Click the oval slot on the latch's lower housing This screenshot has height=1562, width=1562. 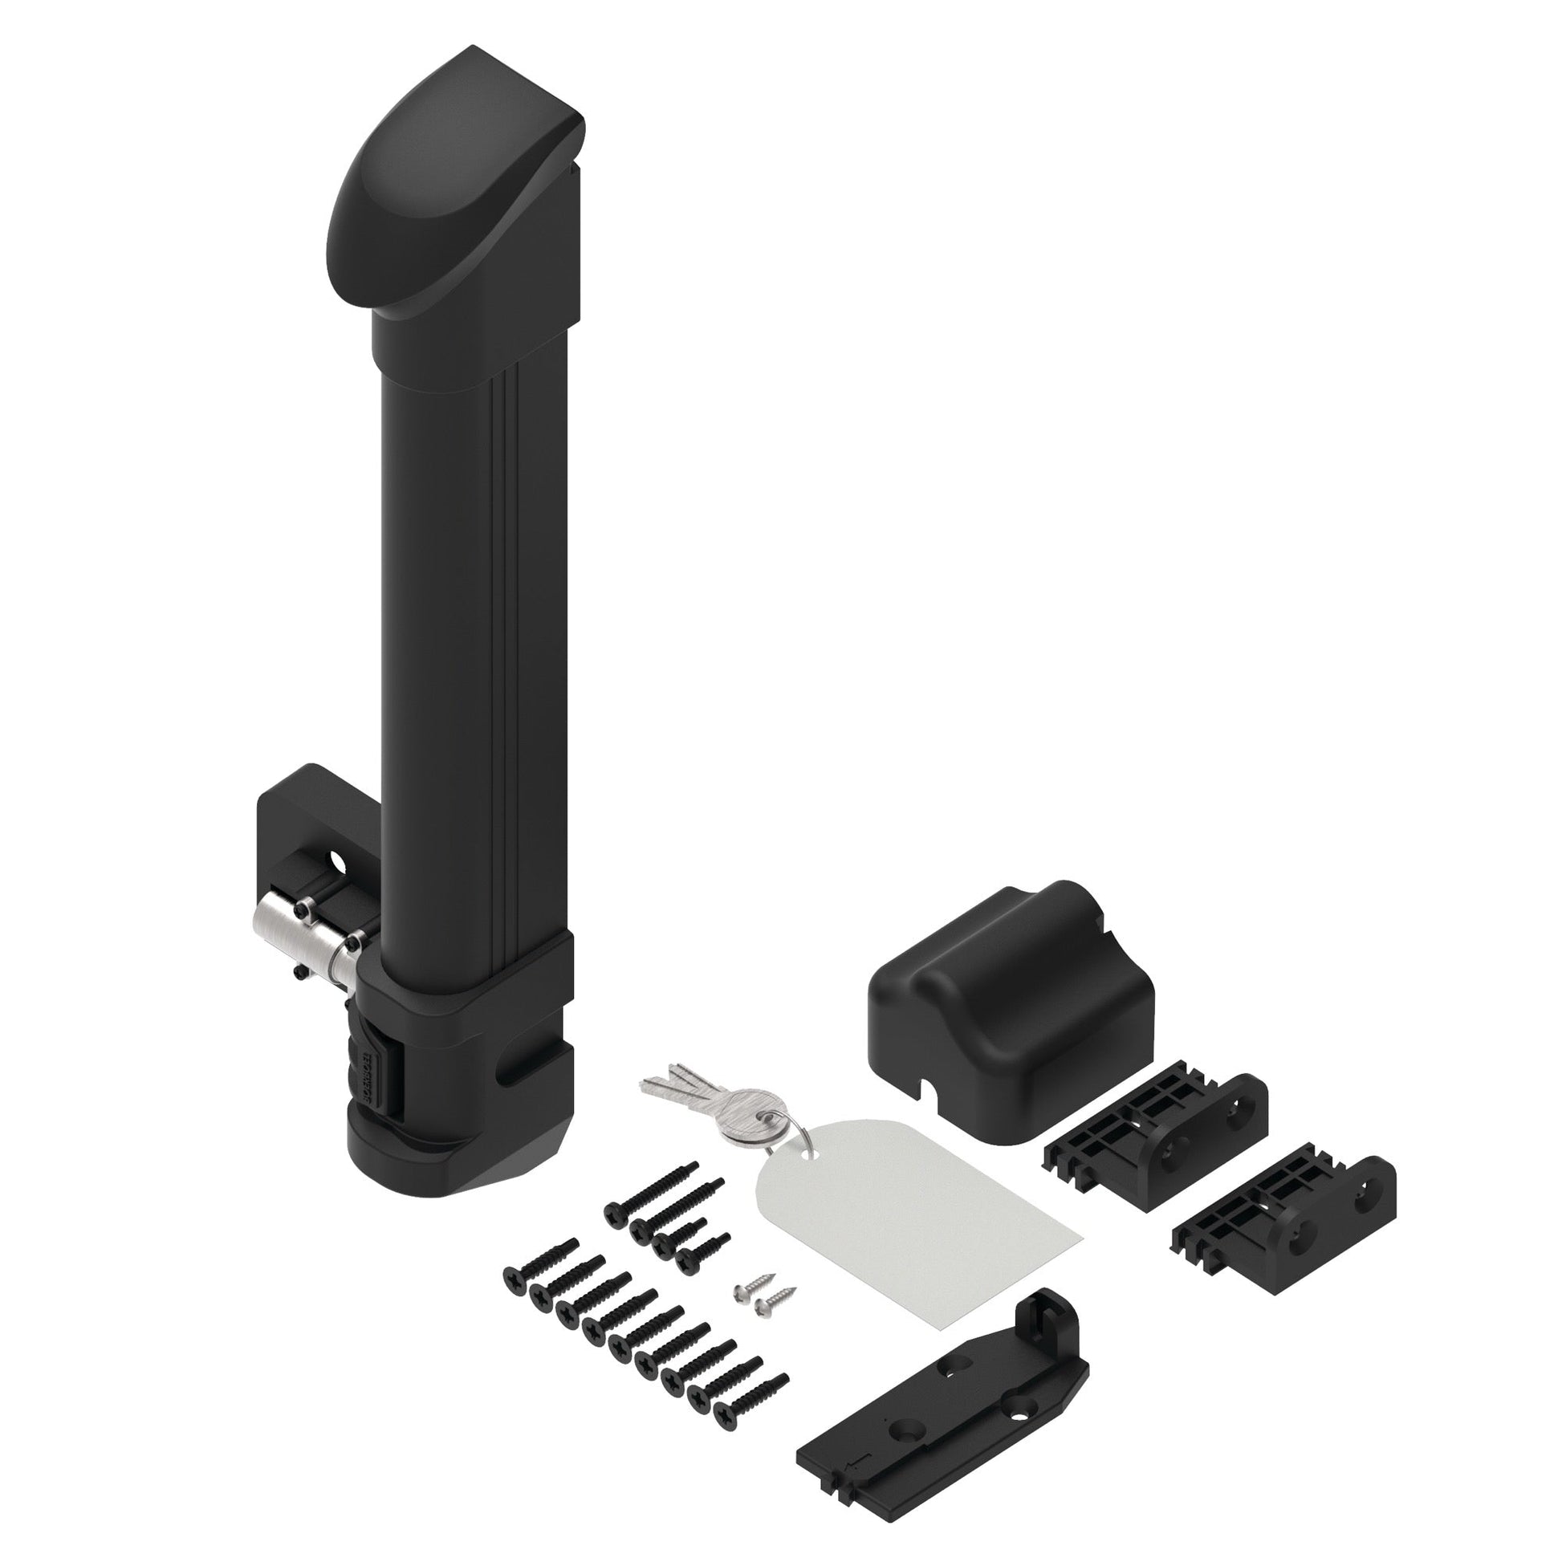(x=515, y=1073)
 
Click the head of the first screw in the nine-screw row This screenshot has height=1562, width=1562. (x=515, y=1277)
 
